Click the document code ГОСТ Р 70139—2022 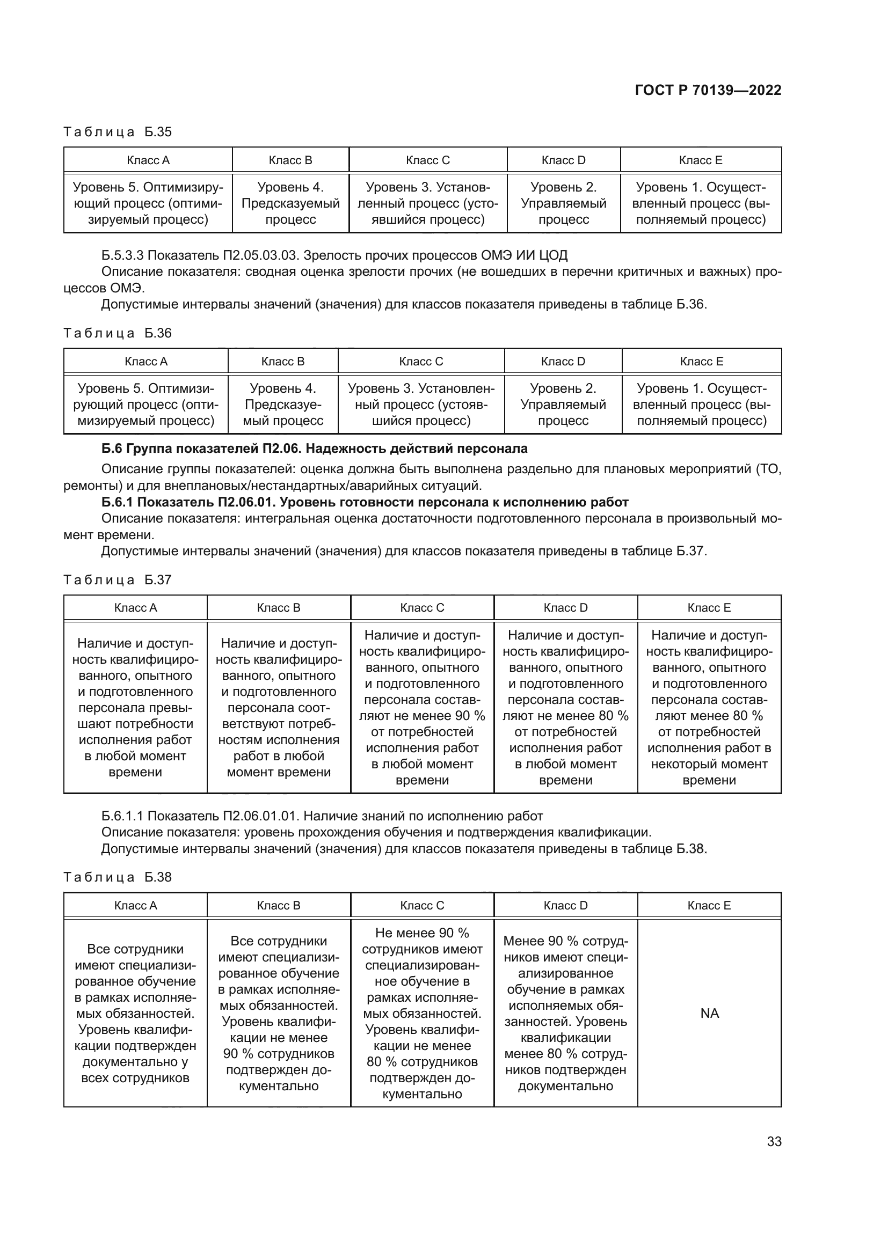(x=708, y=90)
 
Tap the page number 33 (x=774, y=1141)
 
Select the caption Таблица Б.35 (x=118, y=132)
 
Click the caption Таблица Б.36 (x=118, y=333)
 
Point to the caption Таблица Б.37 (x=118, y=580)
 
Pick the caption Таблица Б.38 (x=118, y=877)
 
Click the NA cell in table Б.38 (x=709, y=1014)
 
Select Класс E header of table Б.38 (x=709, y=905)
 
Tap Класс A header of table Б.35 (x=148, y=160)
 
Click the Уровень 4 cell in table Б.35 (x=290, y=203)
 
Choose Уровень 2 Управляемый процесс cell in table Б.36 (x=563, y=405)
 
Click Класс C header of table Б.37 (x=422, y=608)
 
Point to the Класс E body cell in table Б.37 (x=709, y=708)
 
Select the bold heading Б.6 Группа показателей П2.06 (x=315, y=449)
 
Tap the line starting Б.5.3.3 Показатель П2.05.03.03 (x=334, y=255)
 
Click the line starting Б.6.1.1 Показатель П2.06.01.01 (x=322, y=816)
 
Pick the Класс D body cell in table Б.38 (x=565, y=1014)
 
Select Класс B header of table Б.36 (x=283, y=361)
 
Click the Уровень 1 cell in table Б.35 (x=701, y=203)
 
